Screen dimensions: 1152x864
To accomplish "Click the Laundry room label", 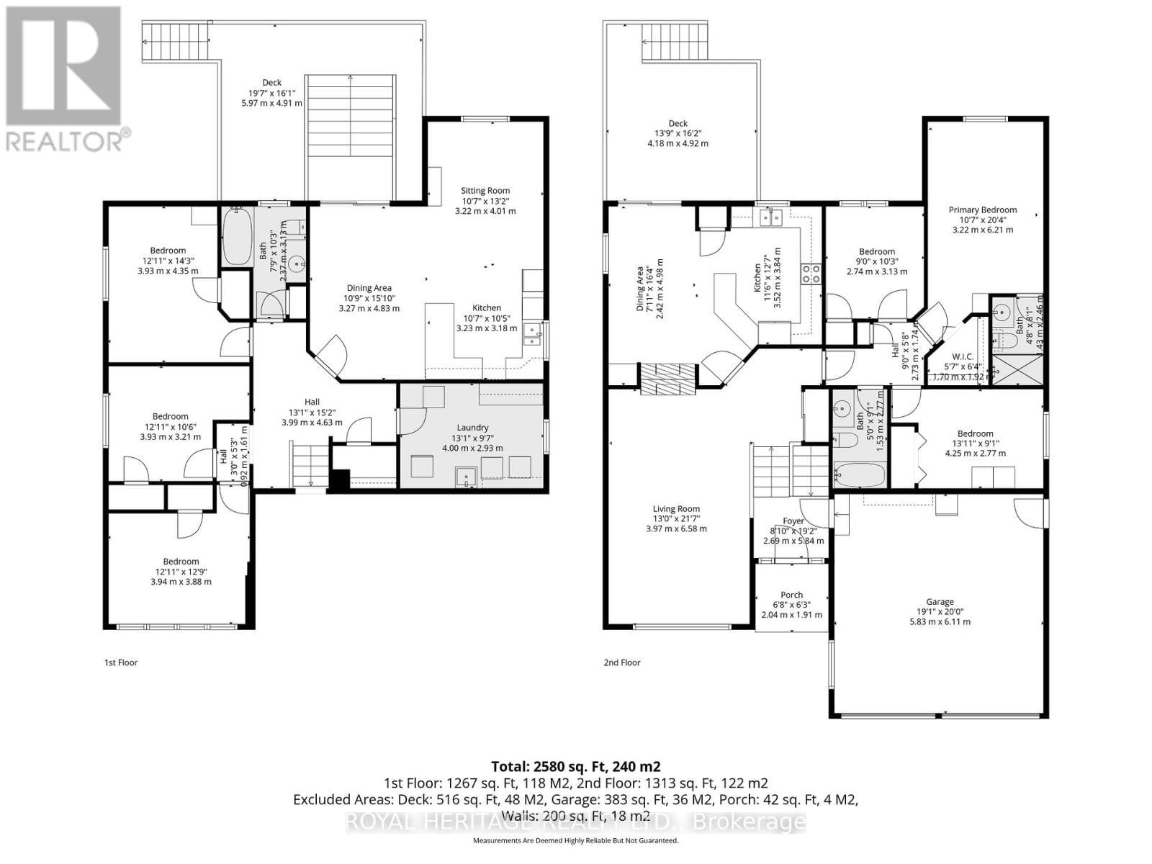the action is [472, 427].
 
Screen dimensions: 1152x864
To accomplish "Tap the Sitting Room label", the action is [485, 191].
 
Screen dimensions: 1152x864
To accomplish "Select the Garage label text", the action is [940, 602].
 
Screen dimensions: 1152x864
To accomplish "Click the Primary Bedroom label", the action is [982, 210].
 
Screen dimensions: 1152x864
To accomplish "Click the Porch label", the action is [791, 595].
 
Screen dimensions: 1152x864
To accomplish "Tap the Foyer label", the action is [793, 521].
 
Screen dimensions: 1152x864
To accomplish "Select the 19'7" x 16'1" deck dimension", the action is [272, 93].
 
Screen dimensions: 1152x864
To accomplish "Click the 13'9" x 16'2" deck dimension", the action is [678, 133].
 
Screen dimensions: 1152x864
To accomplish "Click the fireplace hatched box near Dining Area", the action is [669, 379].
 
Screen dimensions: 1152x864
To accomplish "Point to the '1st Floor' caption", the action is [121, 662].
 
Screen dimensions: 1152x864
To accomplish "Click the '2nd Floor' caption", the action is [621, 662].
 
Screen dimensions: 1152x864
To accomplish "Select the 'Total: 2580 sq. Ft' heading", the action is [575, 766].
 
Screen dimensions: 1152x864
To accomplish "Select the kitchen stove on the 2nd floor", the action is [812, 273].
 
